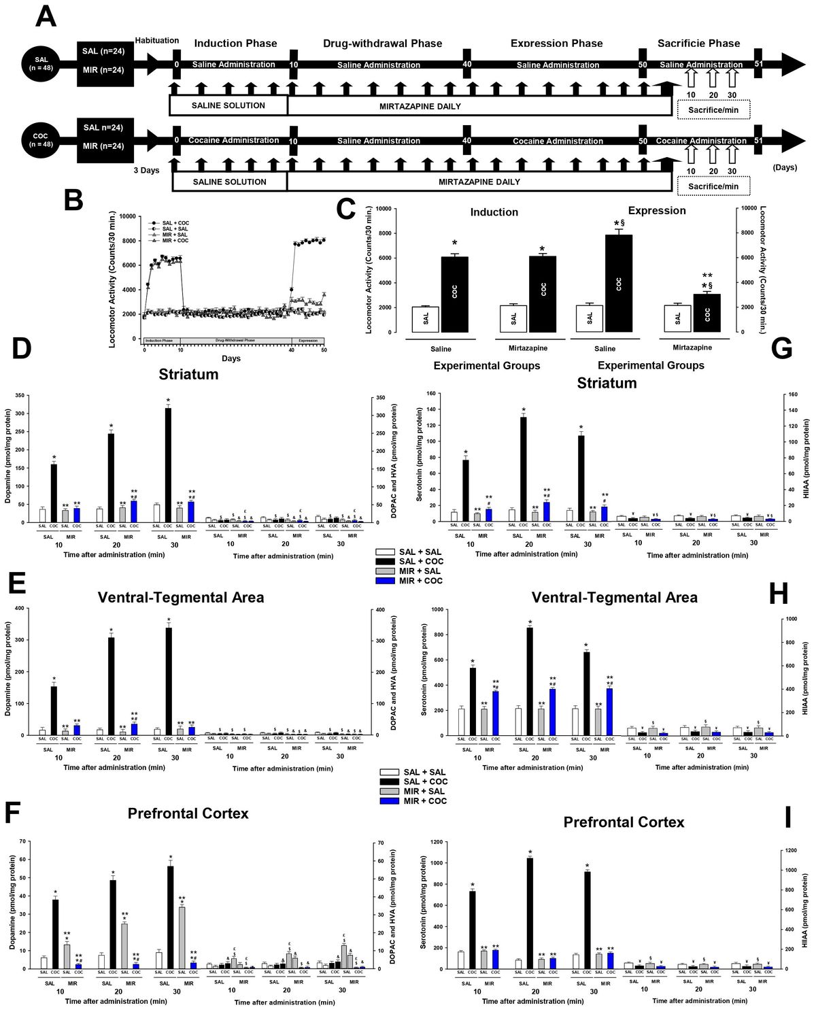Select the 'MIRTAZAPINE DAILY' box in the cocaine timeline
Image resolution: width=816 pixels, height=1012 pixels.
coord(479,182)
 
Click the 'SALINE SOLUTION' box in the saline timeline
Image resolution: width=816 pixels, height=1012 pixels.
coord(228,105)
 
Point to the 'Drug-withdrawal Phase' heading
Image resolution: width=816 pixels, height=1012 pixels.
coord(382,44)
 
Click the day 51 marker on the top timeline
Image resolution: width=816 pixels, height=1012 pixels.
coord(759,65)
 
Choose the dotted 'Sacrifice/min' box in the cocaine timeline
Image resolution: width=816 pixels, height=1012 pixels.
coord(713,186)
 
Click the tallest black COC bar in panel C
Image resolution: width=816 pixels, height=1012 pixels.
coord(618,283)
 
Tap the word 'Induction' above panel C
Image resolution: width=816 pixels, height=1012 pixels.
coord(494,212)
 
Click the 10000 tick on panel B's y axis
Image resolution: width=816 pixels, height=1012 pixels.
coord(127,216)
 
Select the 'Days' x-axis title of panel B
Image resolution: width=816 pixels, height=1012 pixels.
coord(231,358)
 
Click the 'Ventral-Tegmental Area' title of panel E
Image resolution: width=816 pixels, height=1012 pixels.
coord(181,597)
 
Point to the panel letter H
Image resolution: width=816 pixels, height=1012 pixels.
coord(777,594)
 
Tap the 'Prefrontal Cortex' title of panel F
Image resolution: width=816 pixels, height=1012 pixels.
coord(188,813)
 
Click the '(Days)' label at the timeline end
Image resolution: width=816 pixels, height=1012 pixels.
coord(785,167)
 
